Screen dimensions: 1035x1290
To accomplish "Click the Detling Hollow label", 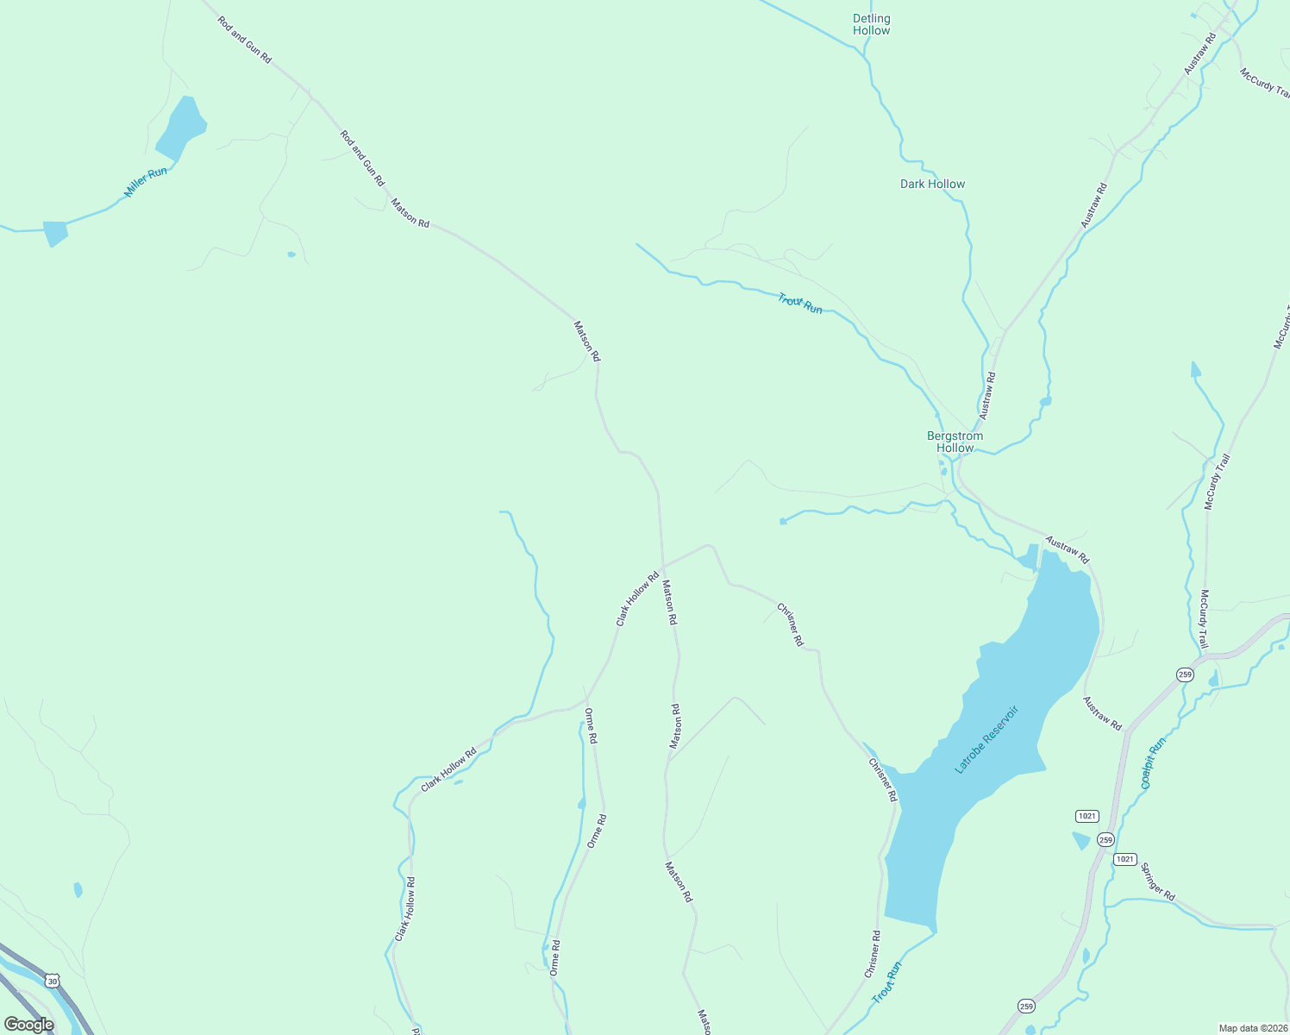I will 871,24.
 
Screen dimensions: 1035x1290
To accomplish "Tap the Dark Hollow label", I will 932,184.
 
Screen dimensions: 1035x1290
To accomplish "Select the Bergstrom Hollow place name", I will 955,442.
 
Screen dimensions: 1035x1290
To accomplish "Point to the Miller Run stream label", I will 146,182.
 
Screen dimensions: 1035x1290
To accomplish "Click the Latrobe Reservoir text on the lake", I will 986,739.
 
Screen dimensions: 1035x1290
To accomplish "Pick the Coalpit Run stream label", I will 1153,762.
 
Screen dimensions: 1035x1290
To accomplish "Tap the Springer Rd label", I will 1157,881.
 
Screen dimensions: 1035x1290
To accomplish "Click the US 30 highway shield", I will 53,982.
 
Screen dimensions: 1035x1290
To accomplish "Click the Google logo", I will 28,1025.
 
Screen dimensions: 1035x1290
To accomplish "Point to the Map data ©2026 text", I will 1251,1028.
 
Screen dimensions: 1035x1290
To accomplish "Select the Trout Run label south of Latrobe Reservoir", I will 886,982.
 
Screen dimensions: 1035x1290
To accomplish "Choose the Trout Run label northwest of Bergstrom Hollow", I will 800,303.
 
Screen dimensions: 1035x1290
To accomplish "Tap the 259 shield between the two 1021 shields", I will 1105,839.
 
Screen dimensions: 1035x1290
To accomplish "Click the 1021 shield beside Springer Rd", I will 1124,859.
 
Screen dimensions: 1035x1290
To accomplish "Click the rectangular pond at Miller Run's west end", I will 55,233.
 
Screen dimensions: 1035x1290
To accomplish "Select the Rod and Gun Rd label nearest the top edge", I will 245,40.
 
